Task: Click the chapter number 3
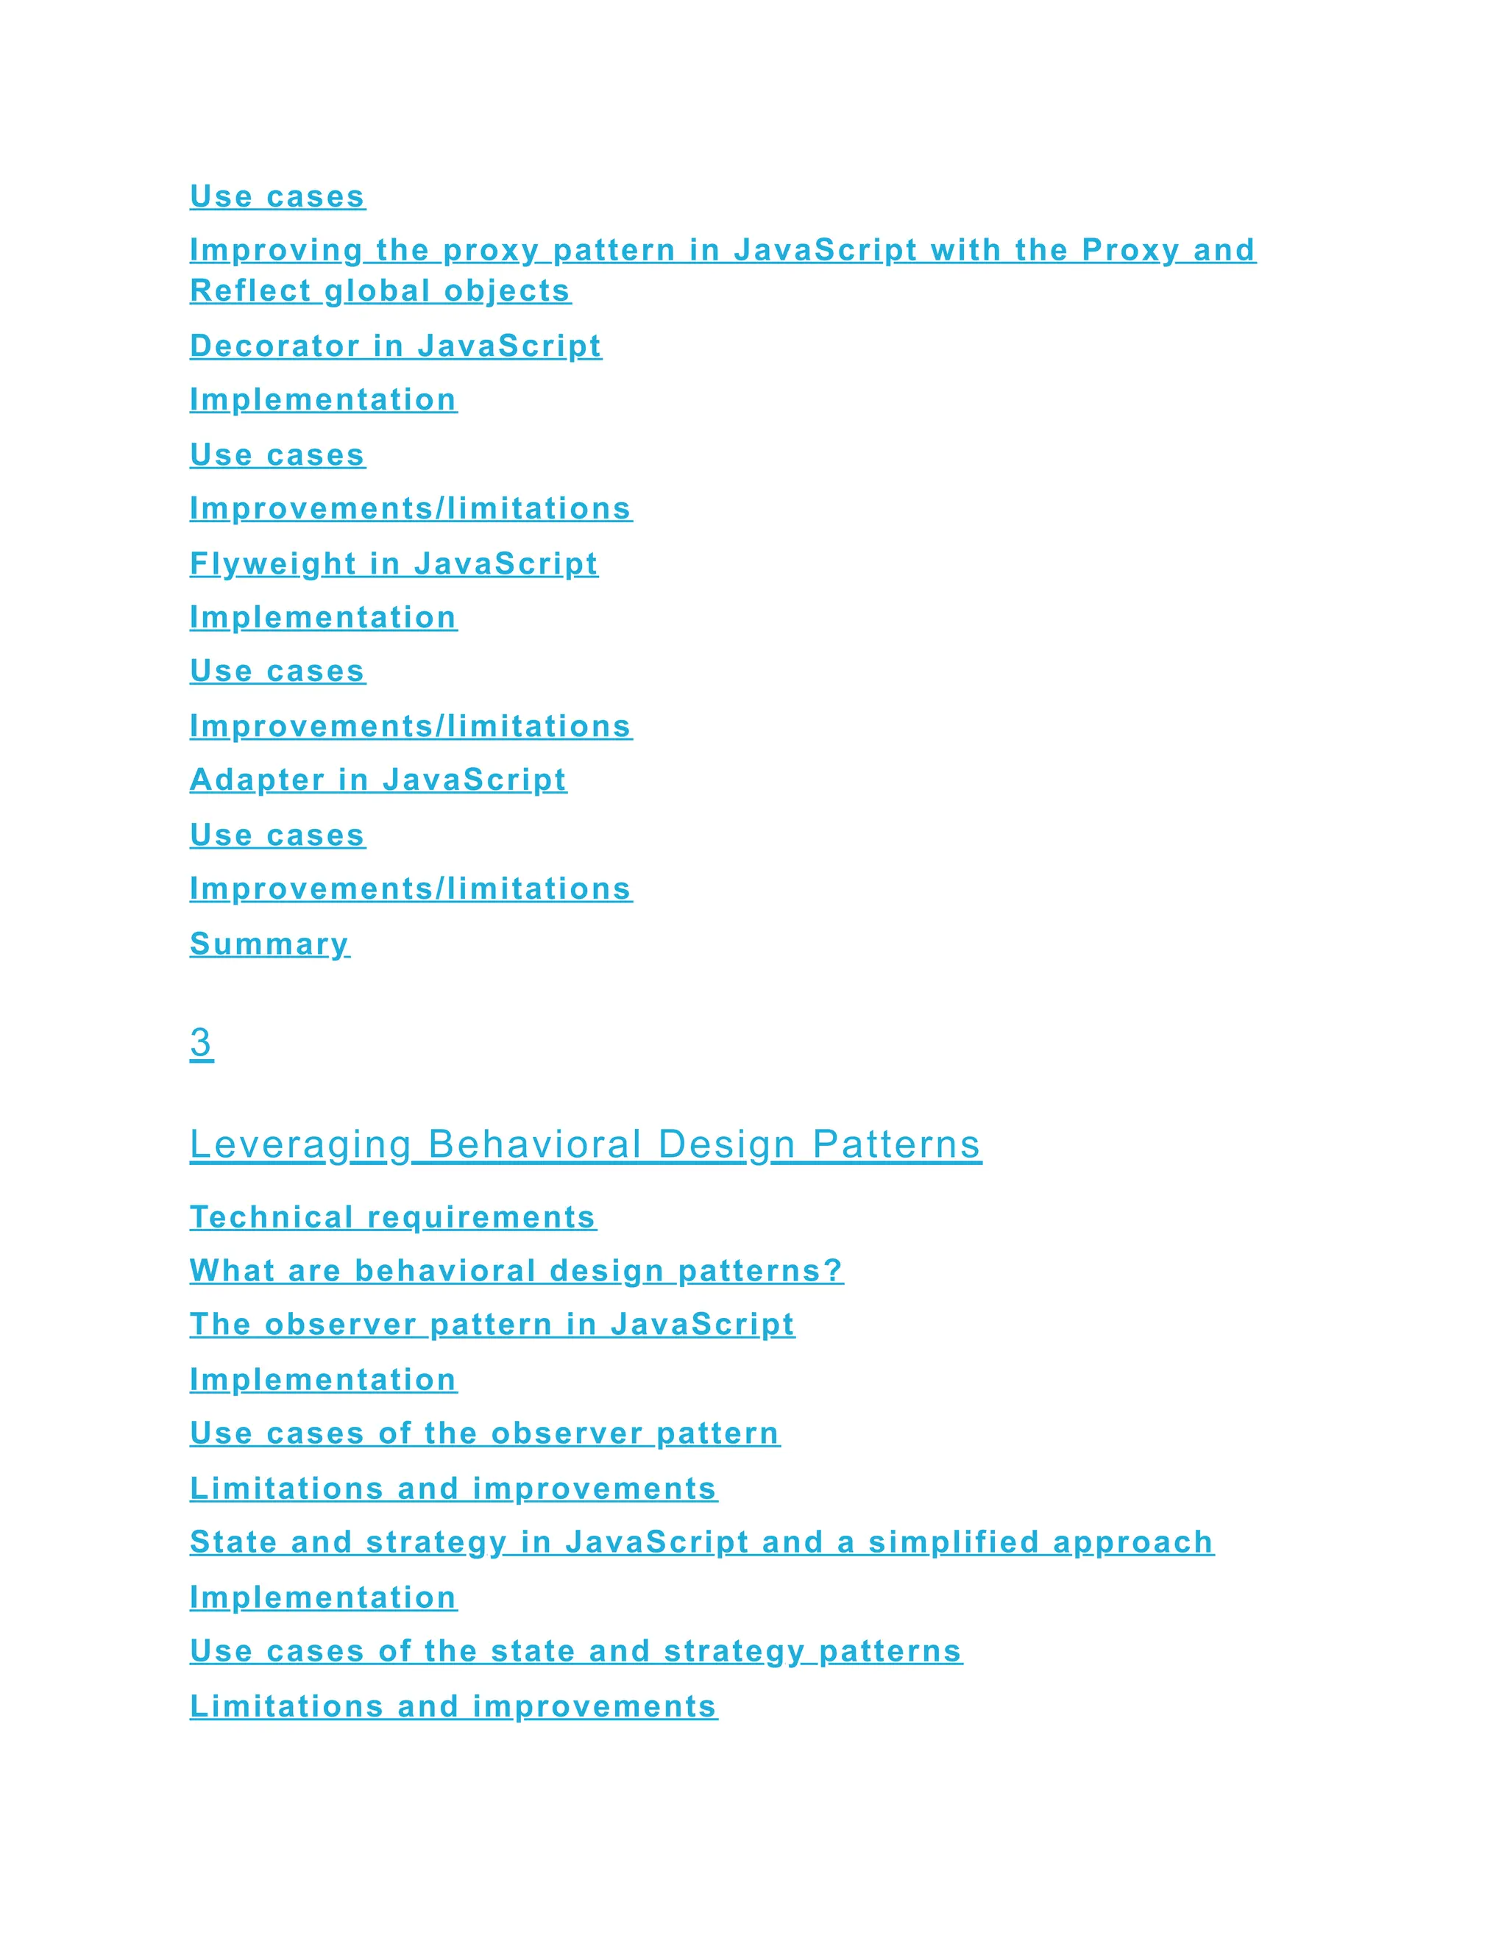click(x=202, y=1041)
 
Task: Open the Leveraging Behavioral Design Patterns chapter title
click(x=585, y=1144)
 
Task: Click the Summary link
click(x=269, y=944)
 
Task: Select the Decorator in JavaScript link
click(x=395, y=346)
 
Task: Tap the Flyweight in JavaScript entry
click(x=394, y=563)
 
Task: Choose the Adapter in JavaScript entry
click(x=377, y=779)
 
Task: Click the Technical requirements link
click(x=393, y=1216)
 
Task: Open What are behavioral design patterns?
click(x=516, y=1270)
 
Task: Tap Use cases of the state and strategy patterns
click(x=576, y=1650)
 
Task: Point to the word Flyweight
click(x=272, y=563)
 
